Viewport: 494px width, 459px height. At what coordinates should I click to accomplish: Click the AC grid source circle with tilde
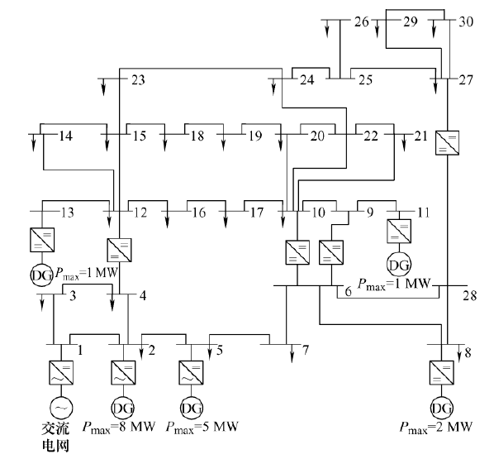pyautogui.click(x=61, y=409)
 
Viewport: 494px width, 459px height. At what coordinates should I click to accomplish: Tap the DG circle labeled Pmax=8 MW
pyautogui.click(x=123, y=409)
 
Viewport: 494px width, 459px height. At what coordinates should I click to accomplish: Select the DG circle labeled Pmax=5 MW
pyautogui.click(x=191, y=409)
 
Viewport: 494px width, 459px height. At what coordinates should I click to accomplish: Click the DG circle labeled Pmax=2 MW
pyautogui.click(x=442, y=409)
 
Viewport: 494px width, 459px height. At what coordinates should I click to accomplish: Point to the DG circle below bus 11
pyautogui.click(x=399, y=264)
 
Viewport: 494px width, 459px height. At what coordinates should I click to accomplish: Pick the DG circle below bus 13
pyautogui.click(x=42, y=275)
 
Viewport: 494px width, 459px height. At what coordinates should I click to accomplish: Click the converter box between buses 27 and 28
pyautogui.click(x=447, y=142)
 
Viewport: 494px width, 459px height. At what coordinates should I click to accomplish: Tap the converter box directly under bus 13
pyautogui.click(x=42, y=240)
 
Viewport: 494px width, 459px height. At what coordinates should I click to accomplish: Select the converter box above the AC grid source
pyautogui.click(x=61, y=372)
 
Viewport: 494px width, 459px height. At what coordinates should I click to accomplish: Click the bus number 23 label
pyautogui.click(x=138, y=80)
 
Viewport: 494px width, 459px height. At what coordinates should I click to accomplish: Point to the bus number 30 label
pyautogui.click(x=466, y=22)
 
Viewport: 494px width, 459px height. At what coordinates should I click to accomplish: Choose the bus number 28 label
pyautogui.click(x=469, y=296)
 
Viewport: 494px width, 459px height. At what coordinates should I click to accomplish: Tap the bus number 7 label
pyautogui.click(x=306, y=350)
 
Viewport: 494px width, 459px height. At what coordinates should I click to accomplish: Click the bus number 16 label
pyautogui.click(x=199, y=213)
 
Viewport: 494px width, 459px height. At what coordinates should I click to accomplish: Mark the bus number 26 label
pyautogui.click(x=361, y=22)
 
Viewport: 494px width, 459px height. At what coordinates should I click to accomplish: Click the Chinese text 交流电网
pyautogui.click(x=55, y=437)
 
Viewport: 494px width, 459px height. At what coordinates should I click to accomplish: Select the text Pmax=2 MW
pyautogui.click(x=436, y=427)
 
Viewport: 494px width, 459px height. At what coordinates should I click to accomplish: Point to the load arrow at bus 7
pyautogui.click(x=292, y=353)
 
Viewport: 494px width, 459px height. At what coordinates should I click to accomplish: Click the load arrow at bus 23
pyautogui.click(x=103, y=87)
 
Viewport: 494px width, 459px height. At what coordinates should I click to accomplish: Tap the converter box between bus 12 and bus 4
pyautogui.click(x=120, y=250)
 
